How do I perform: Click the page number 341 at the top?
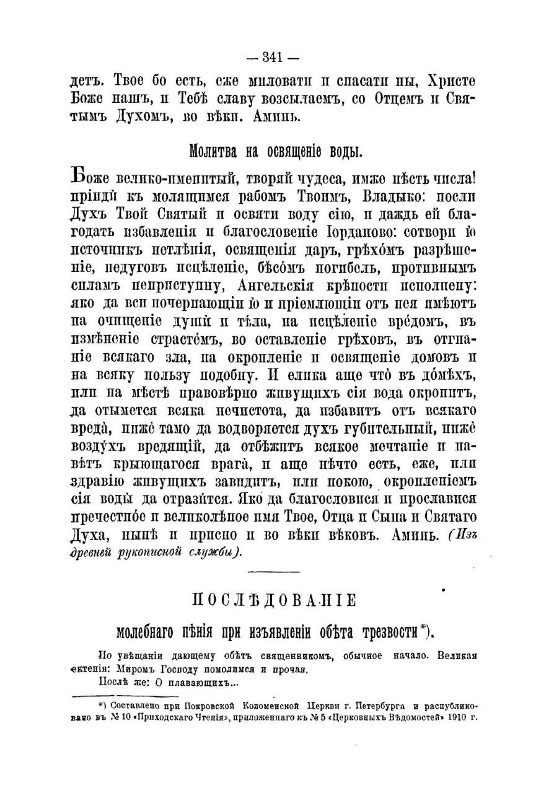[273, 58]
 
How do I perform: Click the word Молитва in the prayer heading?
[210, 151]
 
